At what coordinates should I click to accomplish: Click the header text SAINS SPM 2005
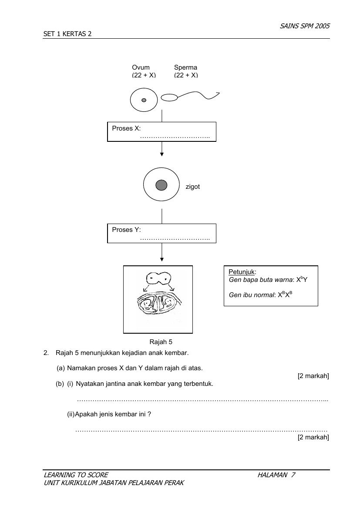304,26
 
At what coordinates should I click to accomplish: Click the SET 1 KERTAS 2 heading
67,34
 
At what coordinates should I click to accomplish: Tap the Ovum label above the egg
141,67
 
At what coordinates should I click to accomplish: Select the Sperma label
185,67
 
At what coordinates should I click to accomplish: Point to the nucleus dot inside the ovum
144,100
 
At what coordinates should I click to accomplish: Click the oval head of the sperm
169,97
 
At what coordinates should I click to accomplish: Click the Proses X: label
126,128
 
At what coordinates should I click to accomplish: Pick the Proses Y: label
126,230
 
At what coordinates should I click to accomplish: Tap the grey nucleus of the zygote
161,185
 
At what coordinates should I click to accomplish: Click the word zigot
192,187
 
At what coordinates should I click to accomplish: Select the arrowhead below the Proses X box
162,153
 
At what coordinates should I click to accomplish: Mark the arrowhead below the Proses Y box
162,259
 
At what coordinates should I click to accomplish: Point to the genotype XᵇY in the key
302,280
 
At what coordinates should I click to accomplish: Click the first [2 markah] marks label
313,376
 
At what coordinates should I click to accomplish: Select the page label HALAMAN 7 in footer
276,475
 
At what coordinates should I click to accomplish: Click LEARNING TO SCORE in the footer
76,475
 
